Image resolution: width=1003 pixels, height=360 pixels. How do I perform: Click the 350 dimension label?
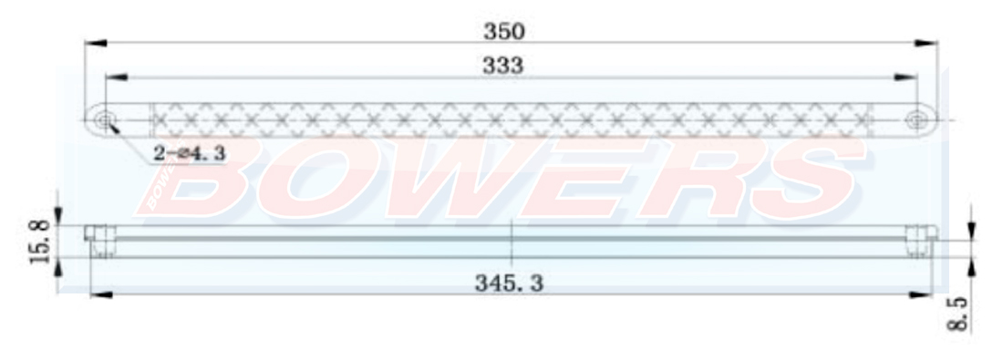504,31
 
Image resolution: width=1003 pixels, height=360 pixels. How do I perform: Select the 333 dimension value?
502,66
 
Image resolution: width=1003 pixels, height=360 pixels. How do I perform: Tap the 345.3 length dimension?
509,283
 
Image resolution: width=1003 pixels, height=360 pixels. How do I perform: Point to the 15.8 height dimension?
39,242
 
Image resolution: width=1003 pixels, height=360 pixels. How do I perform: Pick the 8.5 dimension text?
956,314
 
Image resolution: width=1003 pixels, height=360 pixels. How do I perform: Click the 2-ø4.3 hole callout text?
190,153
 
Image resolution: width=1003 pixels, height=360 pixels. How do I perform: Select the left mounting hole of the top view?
104,119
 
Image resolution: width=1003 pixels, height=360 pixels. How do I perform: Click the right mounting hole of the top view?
916,119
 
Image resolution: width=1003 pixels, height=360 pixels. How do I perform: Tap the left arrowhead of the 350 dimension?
96,43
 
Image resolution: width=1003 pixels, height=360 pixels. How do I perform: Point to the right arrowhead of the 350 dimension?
925,43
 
